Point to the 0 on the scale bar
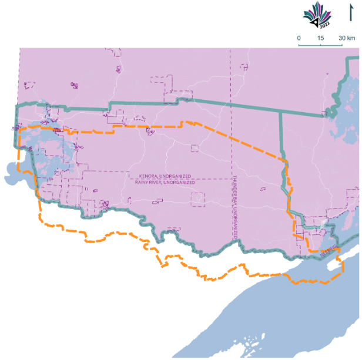(x=299, y=38)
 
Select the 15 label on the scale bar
(x=321, y=38)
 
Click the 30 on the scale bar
(x=341, y=38)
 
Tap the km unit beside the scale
(x=351, y=38)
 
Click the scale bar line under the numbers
(x=321, y=45)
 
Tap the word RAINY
(x=142, y=183)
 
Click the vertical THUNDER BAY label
(x=235, y=206)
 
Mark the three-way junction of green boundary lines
(x=278, y=114)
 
